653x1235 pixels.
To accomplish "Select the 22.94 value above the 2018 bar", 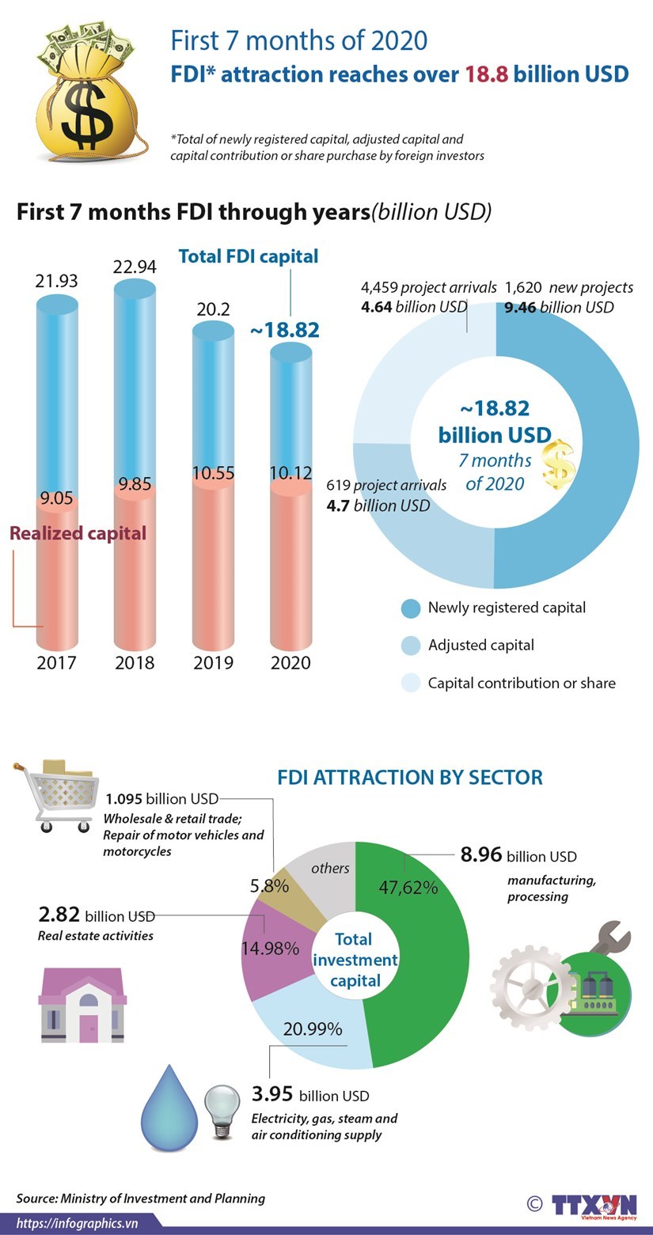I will tap(135, 266).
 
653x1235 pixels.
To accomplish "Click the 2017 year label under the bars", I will tap(56, 662).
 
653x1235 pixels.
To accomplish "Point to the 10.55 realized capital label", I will tap(214, 473).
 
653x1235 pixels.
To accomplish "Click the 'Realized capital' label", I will tap(78, 533).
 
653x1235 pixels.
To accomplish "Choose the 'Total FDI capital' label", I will tap(249, 256).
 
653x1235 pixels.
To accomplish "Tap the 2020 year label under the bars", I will tap(290, 662).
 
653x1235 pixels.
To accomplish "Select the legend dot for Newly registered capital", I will tap(410, 608).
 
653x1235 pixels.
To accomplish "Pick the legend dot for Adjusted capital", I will tap(410, 646).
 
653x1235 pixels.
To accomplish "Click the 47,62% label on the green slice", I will tap(408, 887).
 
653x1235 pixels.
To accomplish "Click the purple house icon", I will tap(82, 1006).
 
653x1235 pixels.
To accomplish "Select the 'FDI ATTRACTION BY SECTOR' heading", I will tap(410, 777).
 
